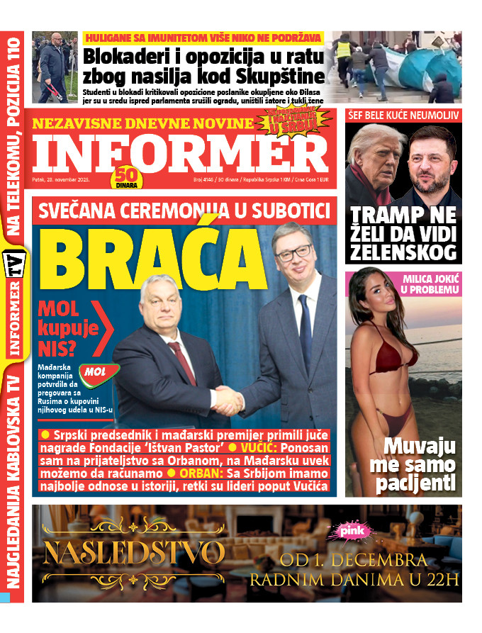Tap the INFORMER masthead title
click(170, 152)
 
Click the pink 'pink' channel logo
click(352, 530)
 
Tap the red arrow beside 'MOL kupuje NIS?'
click(105, 327)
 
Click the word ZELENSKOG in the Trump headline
click(404, 252)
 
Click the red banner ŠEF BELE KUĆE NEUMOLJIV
click(403, 114)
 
